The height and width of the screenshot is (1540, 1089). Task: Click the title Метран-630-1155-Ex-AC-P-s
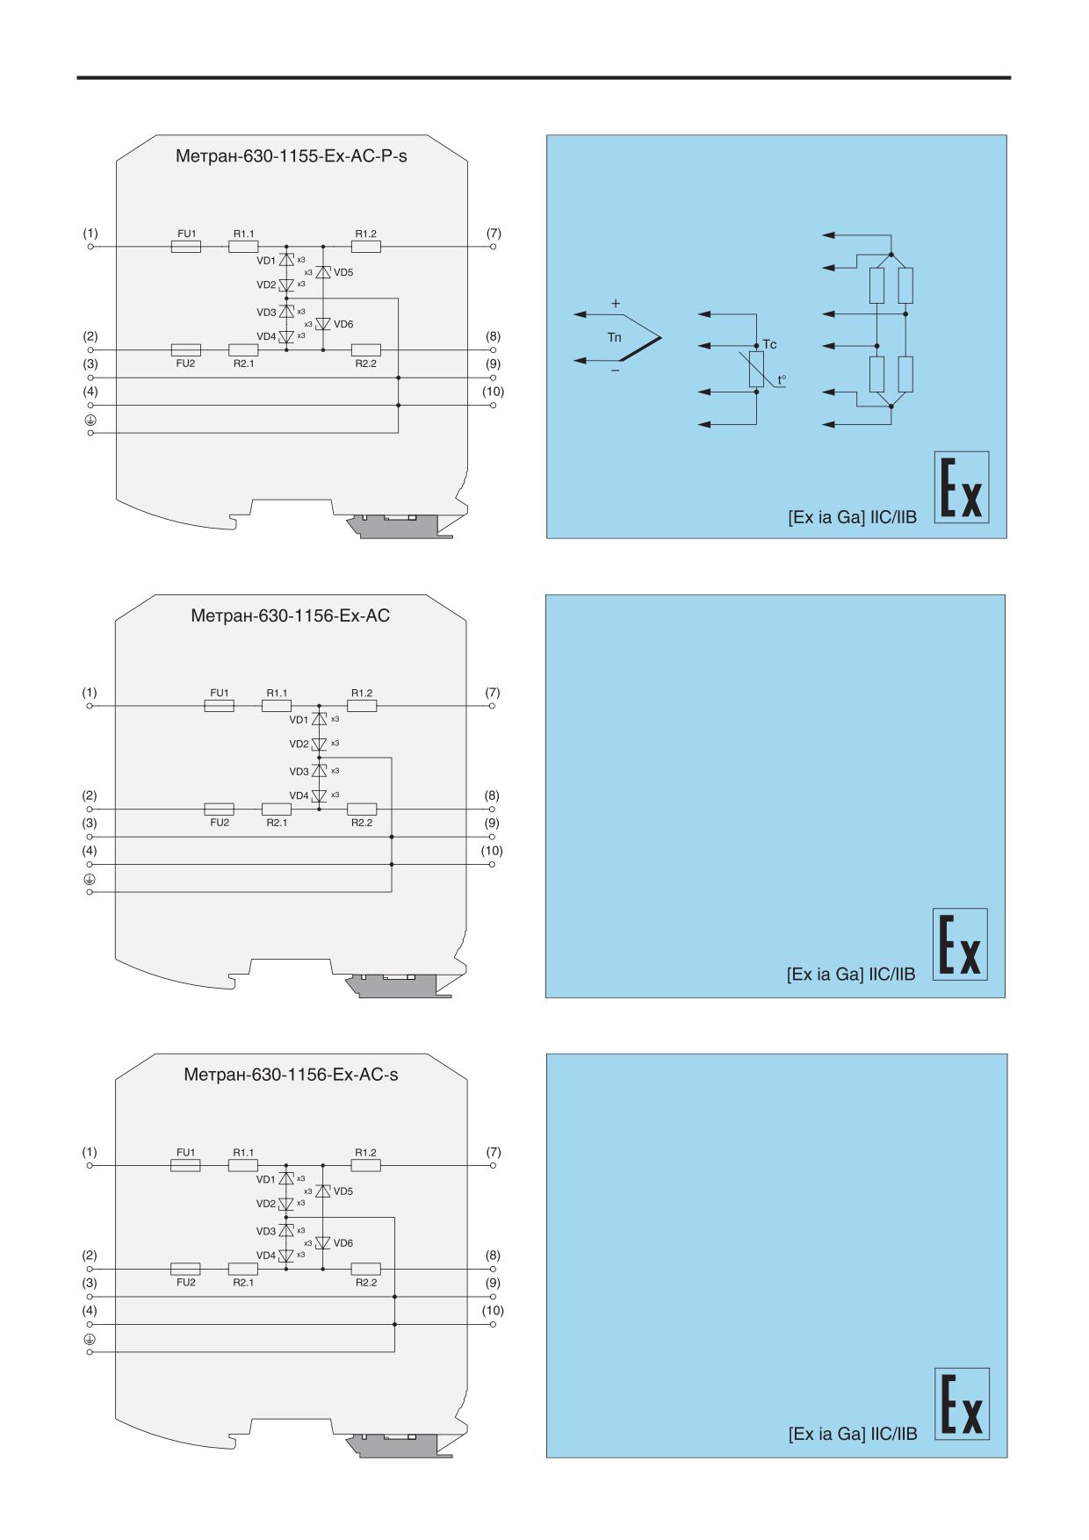pos(292,157)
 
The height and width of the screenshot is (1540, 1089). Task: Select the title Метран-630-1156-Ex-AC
pos(291,615)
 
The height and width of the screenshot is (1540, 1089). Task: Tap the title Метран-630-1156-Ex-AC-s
pos(291,1075)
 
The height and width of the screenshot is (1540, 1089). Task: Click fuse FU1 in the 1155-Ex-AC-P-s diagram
pos(185,248)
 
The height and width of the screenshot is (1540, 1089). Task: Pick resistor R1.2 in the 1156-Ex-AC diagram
pos(362,705)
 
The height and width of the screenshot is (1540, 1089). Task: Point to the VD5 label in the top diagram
pos(343,273)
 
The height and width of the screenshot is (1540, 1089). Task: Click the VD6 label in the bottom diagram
pos(343,1243)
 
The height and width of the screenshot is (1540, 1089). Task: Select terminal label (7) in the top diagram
pos(494,234)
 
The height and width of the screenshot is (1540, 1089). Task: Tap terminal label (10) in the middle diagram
pos(492,851)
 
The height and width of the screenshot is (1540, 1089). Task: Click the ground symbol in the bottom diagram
pos(90,1338)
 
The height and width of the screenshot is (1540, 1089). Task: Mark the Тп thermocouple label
pos(614,338)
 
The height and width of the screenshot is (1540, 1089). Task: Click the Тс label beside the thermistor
pos(769,345)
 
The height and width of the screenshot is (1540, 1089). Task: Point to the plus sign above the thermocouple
pos(616,304)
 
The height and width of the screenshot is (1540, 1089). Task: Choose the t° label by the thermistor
pos(782,381)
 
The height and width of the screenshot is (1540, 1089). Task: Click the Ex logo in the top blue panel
pos(961,487)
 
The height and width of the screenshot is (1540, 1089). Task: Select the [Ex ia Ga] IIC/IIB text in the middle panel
pos(851,975)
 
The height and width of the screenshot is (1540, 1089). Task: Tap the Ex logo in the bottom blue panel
pos(962,1404)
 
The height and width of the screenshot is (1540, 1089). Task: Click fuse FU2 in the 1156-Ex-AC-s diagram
pos(185,1269)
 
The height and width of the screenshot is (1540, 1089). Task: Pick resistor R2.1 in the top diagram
pos(243,349)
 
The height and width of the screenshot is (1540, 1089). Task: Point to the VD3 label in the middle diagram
pos(299,771)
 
